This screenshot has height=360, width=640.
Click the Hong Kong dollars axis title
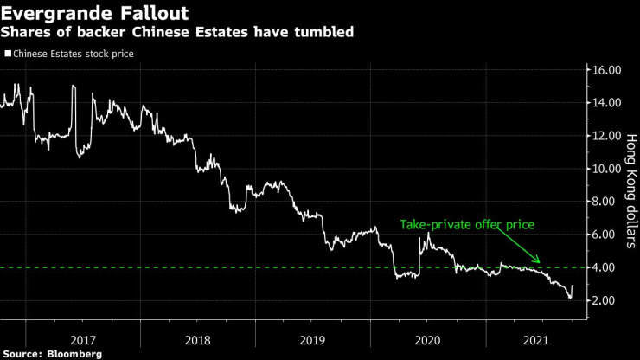click(x=630, y=190)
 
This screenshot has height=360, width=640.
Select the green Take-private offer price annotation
click(x=467, y=225)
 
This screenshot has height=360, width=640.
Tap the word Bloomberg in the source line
click(x=75, y=353)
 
